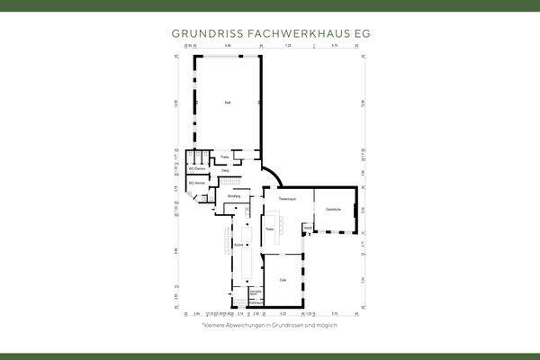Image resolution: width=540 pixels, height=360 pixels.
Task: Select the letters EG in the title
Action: tap(360, 32)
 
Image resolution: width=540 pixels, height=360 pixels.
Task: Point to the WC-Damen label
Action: tap(198, 169)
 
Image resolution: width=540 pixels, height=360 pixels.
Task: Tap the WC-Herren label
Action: tap(197, 184)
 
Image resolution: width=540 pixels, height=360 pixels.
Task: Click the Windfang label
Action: tap(233, 196)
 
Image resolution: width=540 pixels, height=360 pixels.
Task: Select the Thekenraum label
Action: tap(287, 198)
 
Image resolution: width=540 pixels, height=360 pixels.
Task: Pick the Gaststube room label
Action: tap(333, 210)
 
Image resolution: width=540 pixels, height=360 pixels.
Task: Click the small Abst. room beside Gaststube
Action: tap(307, 230)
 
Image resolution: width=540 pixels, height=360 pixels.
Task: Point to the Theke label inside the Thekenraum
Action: tap(269, 229)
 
